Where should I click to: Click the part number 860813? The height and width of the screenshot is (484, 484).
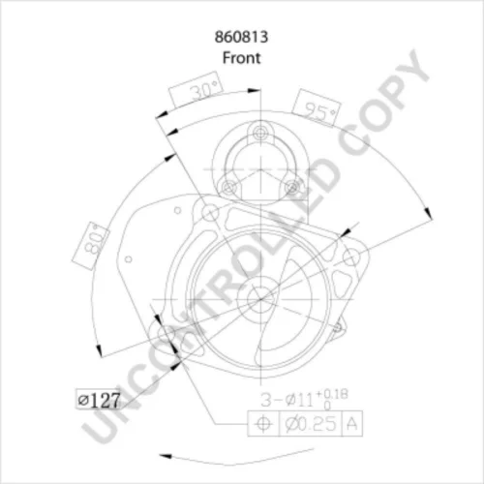click(241, 37)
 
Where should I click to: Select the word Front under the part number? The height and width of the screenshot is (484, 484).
click(241, 58)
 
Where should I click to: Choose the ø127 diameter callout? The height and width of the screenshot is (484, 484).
click(99, 400)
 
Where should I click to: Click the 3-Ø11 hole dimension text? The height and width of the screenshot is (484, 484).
click(287, 400)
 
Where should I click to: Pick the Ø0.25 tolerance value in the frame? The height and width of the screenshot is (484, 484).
click(311, 423)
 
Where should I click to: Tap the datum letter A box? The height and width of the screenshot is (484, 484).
click(351, 423)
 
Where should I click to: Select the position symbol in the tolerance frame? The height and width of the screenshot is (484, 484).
click(263, 423)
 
